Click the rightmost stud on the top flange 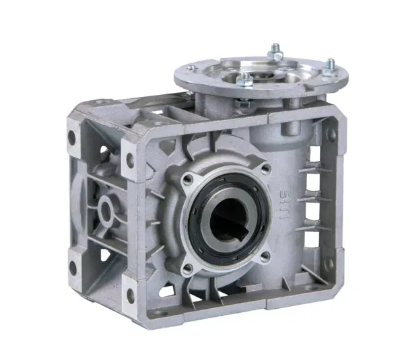[330, 66]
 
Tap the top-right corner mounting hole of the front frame [331, 135]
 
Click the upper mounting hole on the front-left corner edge [129, 160]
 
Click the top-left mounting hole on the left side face [73, 141]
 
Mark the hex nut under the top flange [243, 104]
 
